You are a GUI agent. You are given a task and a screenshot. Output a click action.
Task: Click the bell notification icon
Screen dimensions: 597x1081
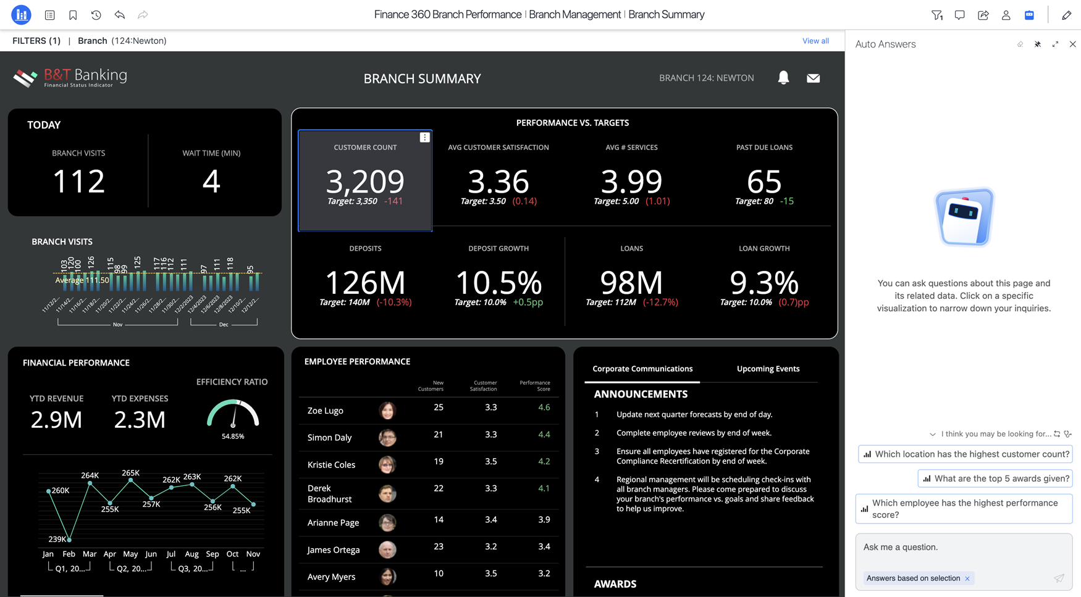(x=783, y=78)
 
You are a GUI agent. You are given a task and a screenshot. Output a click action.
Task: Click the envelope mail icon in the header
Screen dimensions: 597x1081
(x=813, y=78)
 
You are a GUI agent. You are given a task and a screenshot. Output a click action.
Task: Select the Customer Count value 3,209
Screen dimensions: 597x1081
(x=365, y=182)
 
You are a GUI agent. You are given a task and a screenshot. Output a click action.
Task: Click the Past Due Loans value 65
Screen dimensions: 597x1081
(x=764, y=182)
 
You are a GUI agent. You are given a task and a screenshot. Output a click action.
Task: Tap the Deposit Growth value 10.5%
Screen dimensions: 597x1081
(x=498, y=283)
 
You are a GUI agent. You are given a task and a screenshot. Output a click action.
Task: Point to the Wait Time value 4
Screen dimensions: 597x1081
(x=211, y=182)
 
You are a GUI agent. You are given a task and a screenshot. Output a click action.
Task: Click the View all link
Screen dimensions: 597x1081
(x=815, y=41)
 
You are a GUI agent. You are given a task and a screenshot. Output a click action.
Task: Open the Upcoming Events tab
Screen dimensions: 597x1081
(x=768, y=369)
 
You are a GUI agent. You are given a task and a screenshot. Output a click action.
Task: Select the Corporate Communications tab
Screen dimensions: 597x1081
(x=642, y=369)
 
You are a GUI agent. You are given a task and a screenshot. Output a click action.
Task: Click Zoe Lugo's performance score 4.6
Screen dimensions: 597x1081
(x=544, y=407)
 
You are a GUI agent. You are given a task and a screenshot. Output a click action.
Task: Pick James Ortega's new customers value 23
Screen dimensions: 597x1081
(x=439, y=546)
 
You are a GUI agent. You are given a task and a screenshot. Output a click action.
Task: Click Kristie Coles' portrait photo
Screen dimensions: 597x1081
(x=387, y=464)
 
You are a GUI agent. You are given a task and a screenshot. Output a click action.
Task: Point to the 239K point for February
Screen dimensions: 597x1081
(x=69, y=540)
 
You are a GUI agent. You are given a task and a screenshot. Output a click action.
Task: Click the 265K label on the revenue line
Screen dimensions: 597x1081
(x=130, y=473)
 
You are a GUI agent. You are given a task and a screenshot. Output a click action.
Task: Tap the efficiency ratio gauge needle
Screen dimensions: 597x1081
(x=233, y=419)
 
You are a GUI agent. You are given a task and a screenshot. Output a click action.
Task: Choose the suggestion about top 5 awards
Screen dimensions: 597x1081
(x=995, y=478)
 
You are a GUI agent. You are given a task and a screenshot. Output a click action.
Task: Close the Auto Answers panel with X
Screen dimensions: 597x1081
(x=1072, y=44)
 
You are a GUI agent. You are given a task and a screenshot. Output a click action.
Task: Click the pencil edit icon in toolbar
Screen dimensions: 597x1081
(x=1066, y=15)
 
